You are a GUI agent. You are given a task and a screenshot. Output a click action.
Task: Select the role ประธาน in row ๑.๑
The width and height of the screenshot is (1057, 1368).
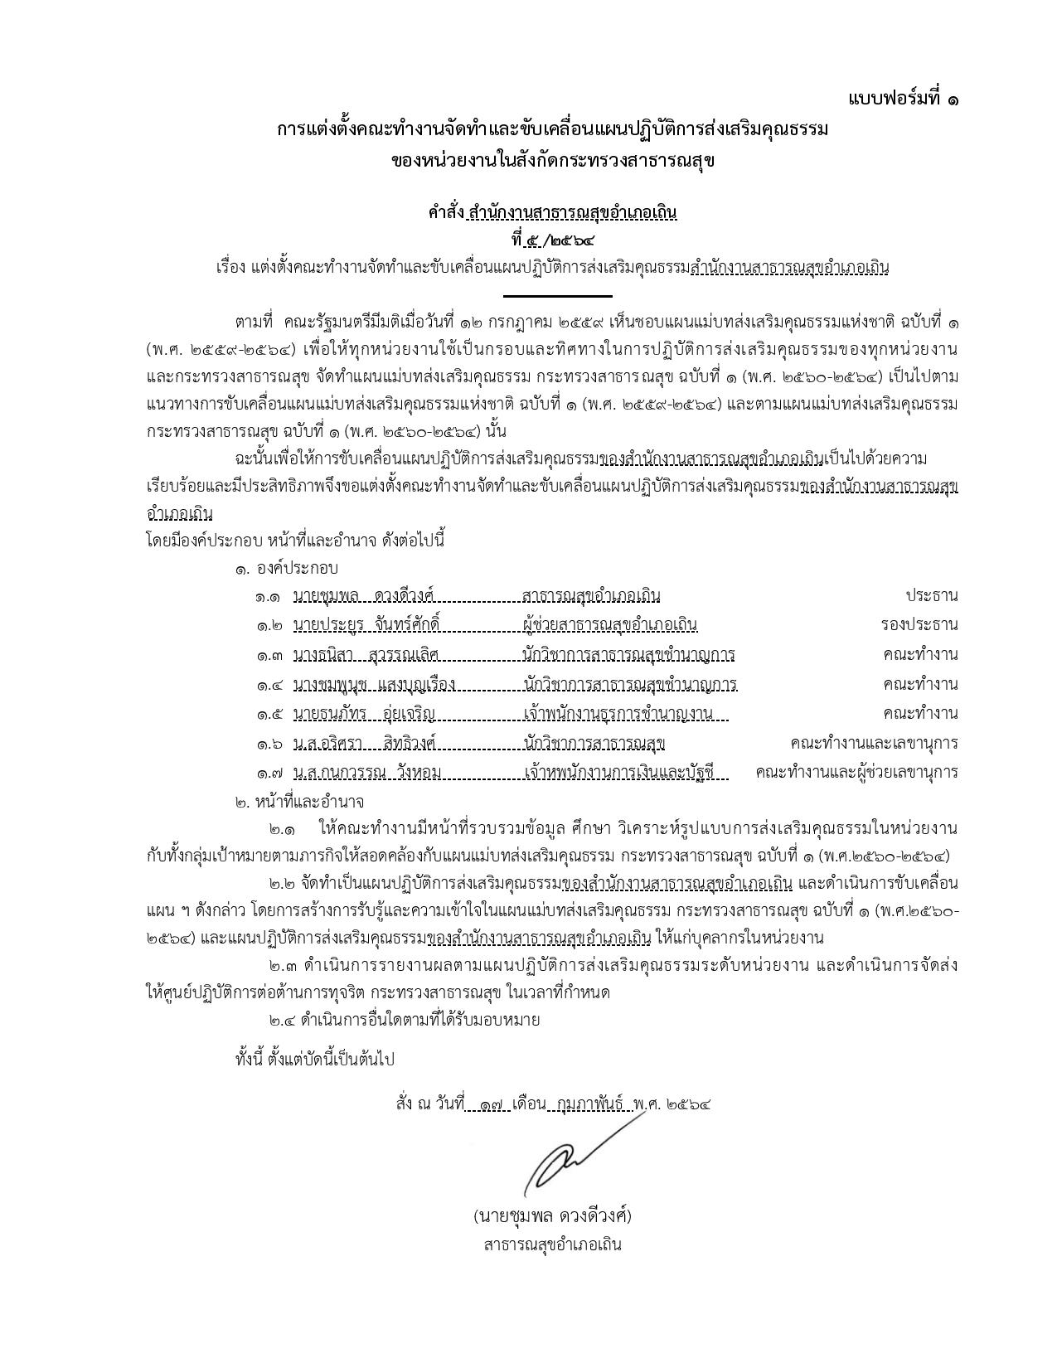(931, 595)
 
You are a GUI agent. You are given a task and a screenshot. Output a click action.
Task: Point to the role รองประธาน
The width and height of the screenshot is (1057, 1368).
(919, 624)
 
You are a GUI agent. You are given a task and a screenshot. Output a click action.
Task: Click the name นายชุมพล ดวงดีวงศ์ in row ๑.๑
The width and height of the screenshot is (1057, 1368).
(364, 595)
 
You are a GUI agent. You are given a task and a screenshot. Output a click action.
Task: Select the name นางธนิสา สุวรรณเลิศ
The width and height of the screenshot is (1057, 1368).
(366, 655)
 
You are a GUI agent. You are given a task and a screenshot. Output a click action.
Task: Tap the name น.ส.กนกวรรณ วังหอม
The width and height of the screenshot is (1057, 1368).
(367, 773)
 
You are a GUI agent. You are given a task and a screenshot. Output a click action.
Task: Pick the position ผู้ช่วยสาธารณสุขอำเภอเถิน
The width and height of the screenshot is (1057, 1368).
(610, 624)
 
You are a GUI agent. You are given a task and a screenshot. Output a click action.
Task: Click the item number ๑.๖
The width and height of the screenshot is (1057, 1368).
(269, 744)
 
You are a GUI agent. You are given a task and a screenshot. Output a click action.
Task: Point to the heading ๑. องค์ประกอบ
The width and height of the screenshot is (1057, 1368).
(286, 569)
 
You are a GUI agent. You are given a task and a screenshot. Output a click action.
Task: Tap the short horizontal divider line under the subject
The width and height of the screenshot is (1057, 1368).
(557, 295)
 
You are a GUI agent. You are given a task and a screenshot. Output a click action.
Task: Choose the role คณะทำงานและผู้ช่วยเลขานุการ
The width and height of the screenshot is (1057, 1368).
(856, 773)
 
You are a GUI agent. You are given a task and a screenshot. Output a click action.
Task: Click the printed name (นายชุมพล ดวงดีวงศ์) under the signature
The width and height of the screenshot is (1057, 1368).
(553, 1216)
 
